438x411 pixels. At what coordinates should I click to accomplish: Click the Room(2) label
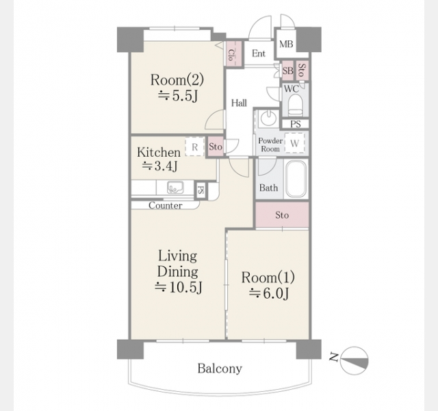pyautogui.click(x=177, y=79)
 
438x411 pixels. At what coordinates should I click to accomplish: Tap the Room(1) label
pyautogui.click(x=268, y=277)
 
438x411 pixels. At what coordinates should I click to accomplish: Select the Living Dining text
pyautogui.click(x=178, y=264)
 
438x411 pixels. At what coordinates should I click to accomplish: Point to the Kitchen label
pyautogui.click(x=159, y=152)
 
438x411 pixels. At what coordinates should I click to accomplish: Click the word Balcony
pyautogui.click(x=220, y=369)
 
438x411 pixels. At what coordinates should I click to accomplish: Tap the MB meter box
pyautogui.click(x=286, y=44)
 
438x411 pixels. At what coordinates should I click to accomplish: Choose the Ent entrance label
pyautogui.click(x=259, y=53)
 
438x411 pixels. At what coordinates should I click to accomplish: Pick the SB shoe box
pyautogui.click(x=287, y=71)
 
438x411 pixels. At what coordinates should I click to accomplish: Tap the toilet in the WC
pyautogui.click(x=295, y=105)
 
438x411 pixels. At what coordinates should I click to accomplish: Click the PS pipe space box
pyautogui.click(x=295, y=124)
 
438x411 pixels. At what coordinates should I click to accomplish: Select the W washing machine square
pyautogui.click(x=295, y=143)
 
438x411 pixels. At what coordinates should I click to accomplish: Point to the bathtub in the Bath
pyautogui.click(x=296, y=179)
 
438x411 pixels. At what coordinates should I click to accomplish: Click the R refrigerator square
pyautogui.click(x=194, y=147)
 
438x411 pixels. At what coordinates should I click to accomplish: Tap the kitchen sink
pyautogui.click(x=175, y=187)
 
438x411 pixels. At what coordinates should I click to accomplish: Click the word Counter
pyautogui.click(x=166, y=206)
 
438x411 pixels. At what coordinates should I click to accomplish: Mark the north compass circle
pyautogui.click(x=355, y=361)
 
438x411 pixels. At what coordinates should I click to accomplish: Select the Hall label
pyautogui.click(x=239, y=103)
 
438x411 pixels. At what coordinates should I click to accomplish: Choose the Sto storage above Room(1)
pyautogui.click(x=282, y=214)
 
